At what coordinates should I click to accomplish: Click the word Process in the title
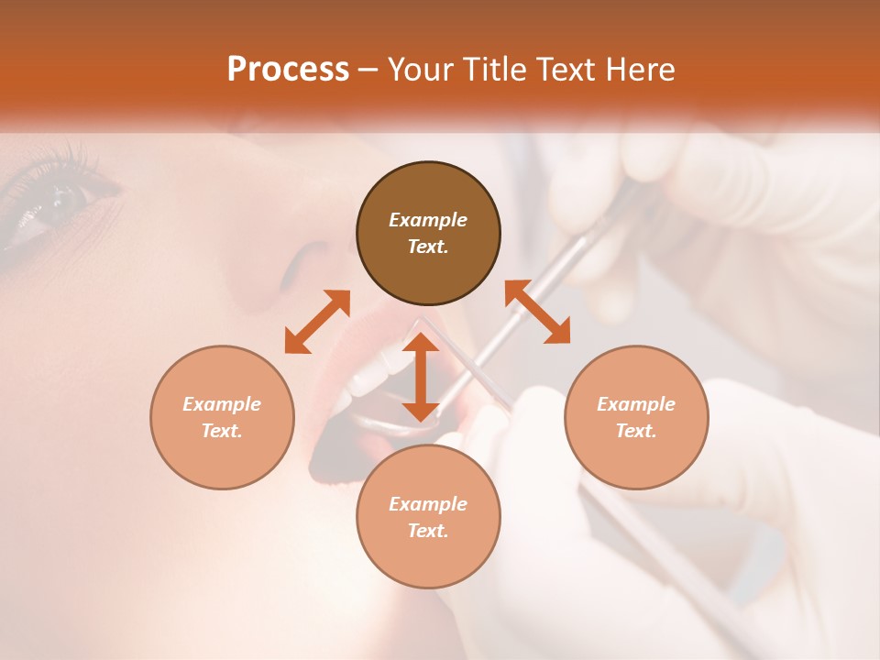coord(288,70)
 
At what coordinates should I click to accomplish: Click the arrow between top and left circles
coord(317,322)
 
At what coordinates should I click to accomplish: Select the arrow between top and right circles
coord(537,313)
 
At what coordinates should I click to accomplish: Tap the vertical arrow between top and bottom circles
coord(421,377)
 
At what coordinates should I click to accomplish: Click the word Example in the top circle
coord(428,220)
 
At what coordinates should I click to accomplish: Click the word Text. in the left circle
coord(222,431)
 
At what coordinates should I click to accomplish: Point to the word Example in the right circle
coord(636,404)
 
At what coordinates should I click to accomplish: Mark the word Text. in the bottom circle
coord(428,531)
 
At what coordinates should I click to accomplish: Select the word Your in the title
coord(420,70)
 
